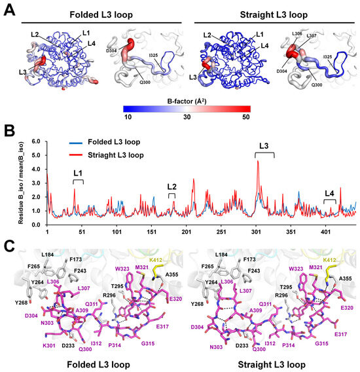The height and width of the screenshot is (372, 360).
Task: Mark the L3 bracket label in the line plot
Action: (x=264, y=147)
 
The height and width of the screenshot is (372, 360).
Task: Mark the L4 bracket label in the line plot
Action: (x=330, y=193)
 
